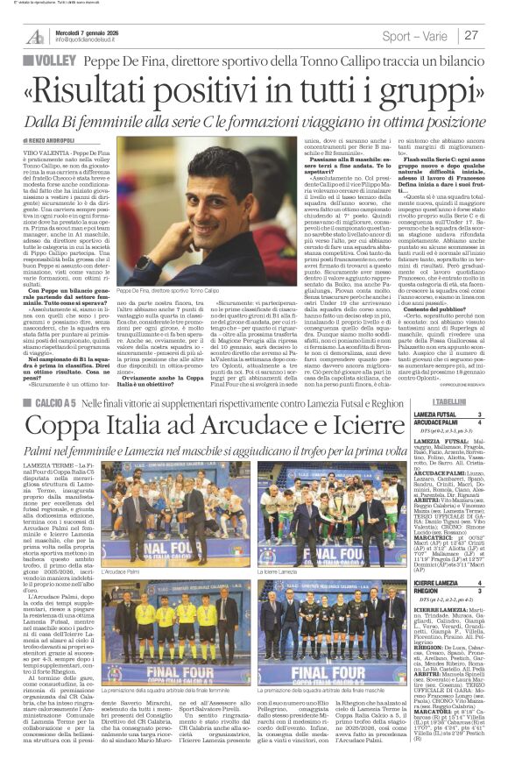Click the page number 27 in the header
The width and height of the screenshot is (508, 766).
click(471, 35)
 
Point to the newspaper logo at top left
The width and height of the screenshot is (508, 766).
click(35, 36)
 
